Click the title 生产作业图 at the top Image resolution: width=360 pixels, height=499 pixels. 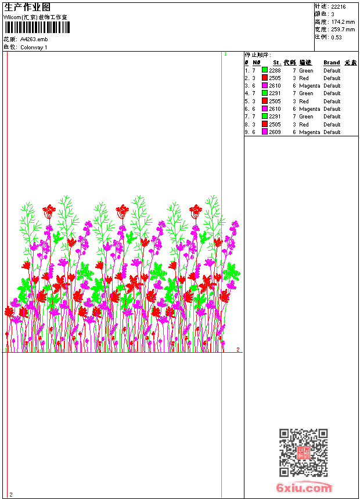click(x=27, y=7)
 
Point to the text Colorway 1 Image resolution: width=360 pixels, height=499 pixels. click(x=34, y=48)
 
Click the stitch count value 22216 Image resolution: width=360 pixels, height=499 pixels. click(x=338, y=7)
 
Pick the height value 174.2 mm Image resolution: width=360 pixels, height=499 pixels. click(x=343, y=22)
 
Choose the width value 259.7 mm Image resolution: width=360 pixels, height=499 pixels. click(x=343, y=30)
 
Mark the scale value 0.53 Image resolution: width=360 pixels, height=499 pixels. click(x=336, y=37)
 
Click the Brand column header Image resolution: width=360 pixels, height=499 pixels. click(x=332, y=63)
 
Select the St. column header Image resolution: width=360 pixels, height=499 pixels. click(x=277, y=63)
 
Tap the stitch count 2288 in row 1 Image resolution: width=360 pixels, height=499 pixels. click(x=275, y=71)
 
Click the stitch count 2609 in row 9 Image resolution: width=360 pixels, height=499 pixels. click(x=275, y=132)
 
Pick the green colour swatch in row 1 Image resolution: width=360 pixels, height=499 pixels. click(x=265, y=71)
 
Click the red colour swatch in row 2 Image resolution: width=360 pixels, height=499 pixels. click(x=265, y=78)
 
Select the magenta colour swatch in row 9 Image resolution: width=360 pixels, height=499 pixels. click(x=265, y=132)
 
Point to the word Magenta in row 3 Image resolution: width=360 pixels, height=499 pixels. click(x=309, y=86)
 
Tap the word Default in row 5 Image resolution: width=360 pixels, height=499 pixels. click(x=332, y=102)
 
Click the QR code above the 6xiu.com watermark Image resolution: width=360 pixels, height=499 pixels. click(x=303, y=453)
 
